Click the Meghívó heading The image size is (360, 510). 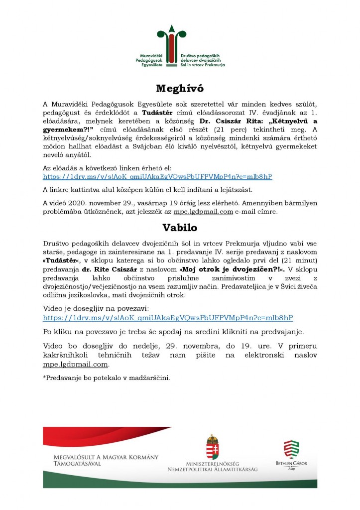point(180,89)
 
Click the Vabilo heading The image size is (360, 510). point(180,228)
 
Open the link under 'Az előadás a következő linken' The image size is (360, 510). point(157,177)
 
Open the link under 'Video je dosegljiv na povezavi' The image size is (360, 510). point(168,317)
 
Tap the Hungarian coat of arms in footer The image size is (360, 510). point(212,447)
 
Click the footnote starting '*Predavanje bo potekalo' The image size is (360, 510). point(107,377)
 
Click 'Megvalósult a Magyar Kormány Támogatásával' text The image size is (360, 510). point(106,460)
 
